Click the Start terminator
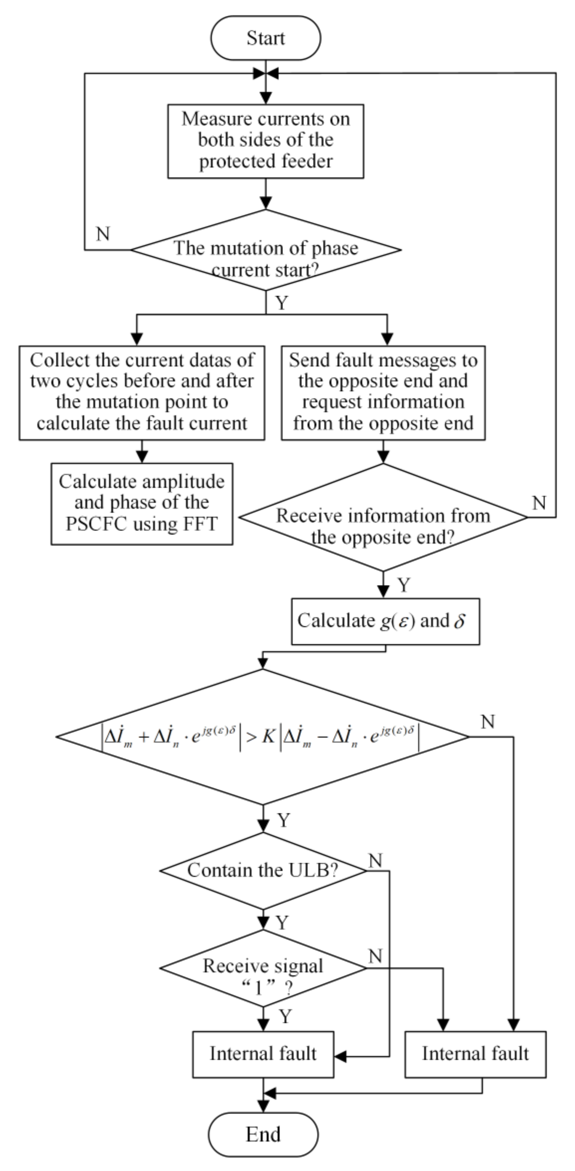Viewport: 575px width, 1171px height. [266, 38]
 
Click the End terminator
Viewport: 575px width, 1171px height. [263, 1134]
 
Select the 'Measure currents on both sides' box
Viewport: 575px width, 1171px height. [266, 141]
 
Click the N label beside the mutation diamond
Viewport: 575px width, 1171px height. [103, 234]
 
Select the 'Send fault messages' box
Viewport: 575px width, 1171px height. [383, 393]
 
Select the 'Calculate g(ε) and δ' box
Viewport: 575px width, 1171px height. [385, 621]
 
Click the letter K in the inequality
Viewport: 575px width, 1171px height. [268, 737]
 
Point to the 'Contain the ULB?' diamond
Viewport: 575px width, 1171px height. [263, 871]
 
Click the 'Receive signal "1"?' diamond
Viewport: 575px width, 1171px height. [263, 968]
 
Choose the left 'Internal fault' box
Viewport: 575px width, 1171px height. [263, 1054]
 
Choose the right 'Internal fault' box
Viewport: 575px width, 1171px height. [475, 1054]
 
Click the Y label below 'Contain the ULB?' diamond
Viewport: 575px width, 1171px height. [282, 923]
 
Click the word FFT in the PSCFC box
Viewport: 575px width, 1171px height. [200, 524]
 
